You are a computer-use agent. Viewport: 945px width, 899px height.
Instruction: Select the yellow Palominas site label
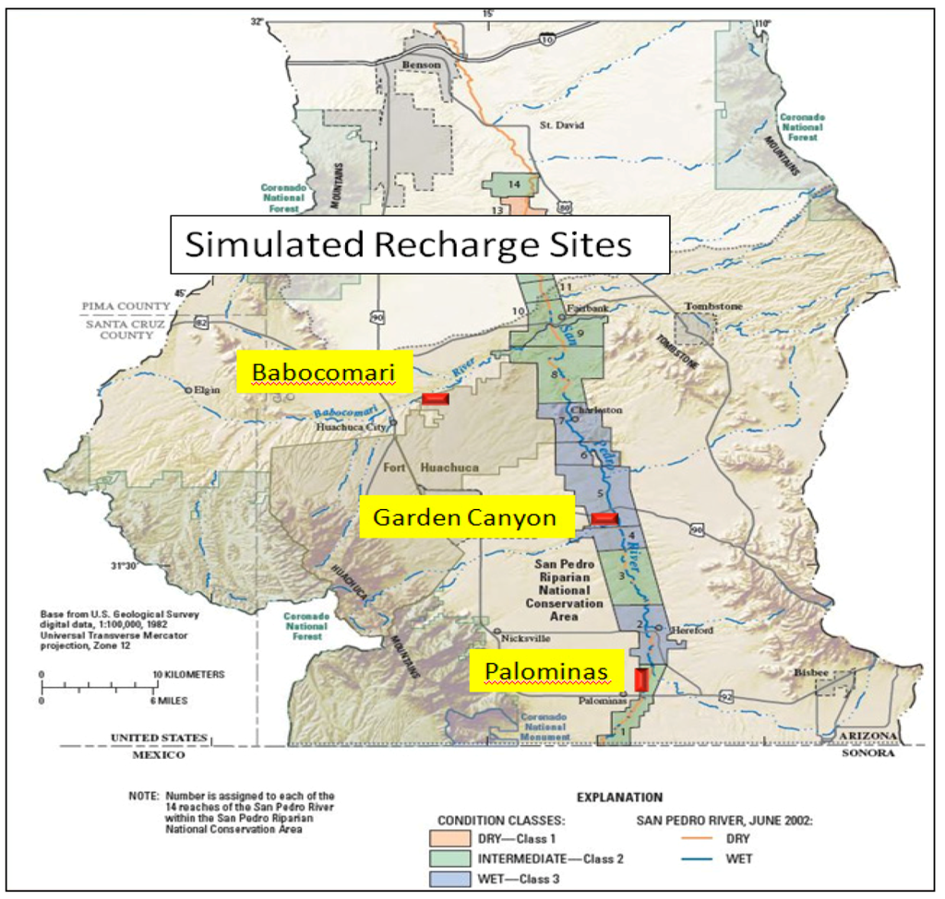(541, 672)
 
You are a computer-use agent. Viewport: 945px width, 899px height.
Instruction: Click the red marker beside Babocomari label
(434, 398)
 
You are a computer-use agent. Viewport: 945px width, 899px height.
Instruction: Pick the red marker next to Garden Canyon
(604, 519)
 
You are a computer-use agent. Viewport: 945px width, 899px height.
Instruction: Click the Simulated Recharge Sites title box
(419, 244)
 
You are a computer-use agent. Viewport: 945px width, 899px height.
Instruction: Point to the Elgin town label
(209, 389)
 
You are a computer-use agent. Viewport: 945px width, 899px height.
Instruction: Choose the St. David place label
(562, 124)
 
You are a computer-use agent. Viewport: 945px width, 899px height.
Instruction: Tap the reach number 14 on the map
(514, 184)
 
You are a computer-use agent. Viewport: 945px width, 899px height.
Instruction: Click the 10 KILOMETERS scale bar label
(189, 674)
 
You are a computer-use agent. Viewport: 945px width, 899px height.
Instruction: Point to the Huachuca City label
(350, 427)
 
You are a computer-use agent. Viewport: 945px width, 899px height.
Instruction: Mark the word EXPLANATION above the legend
(618, 795)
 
